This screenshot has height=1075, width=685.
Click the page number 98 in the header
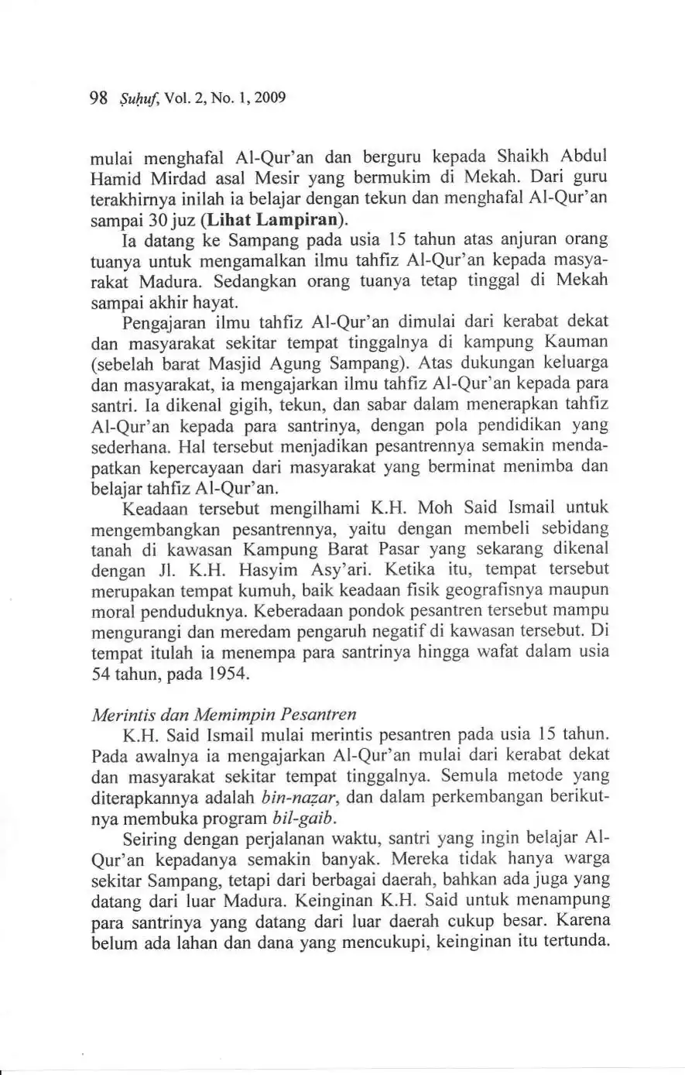click(98, 98)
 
